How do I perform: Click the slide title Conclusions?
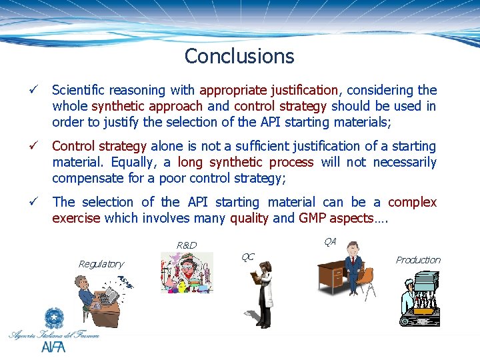239,56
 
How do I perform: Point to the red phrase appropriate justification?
270,90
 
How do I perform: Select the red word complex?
412,202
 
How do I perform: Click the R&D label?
187,245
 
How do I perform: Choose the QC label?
247,257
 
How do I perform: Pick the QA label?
329,241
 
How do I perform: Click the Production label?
418,260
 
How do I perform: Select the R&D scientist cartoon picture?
187,273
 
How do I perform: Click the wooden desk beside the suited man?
333,273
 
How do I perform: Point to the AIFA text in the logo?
53,347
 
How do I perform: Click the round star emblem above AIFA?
53,318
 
